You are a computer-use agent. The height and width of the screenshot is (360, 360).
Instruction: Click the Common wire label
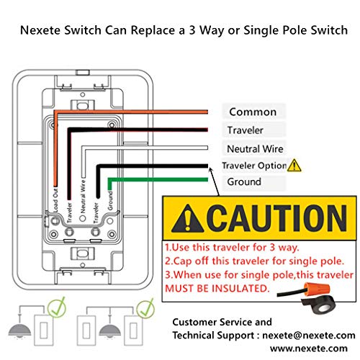point(253,112)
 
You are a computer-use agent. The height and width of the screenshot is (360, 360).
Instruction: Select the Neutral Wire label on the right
point(255,149)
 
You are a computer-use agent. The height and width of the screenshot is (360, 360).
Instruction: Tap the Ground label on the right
point(244,181)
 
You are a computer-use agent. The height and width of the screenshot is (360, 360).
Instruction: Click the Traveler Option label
point(254,166)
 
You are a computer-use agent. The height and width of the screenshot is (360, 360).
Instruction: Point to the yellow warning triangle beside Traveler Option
point(294,166)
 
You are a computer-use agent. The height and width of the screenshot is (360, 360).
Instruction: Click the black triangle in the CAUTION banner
point(188,219)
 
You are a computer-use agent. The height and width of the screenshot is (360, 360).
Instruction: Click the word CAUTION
point(276,218)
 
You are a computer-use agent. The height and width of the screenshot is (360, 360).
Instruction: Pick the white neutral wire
point(145,148)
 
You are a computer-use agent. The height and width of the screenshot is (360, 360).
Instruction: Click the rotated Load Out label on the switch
point(55,199)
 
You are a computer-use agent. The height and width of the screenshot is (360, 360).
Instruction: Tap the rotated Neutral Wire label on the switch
point(83,197)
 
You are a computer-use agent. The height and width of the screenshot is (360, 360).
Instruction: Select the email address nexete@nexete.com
point(309,336)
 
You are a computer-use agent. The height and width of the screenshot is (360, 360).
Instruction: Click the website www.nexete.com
point(309,348)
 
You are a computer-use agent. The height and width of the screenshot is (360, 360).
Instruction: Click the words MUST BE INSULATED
point(217,288)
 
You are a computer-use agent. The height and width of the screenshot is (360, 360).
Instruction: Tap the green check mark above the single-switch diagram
point(57,307)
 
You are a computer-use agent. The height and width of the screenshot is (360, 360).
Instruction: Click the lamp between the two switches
point(110,330)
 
